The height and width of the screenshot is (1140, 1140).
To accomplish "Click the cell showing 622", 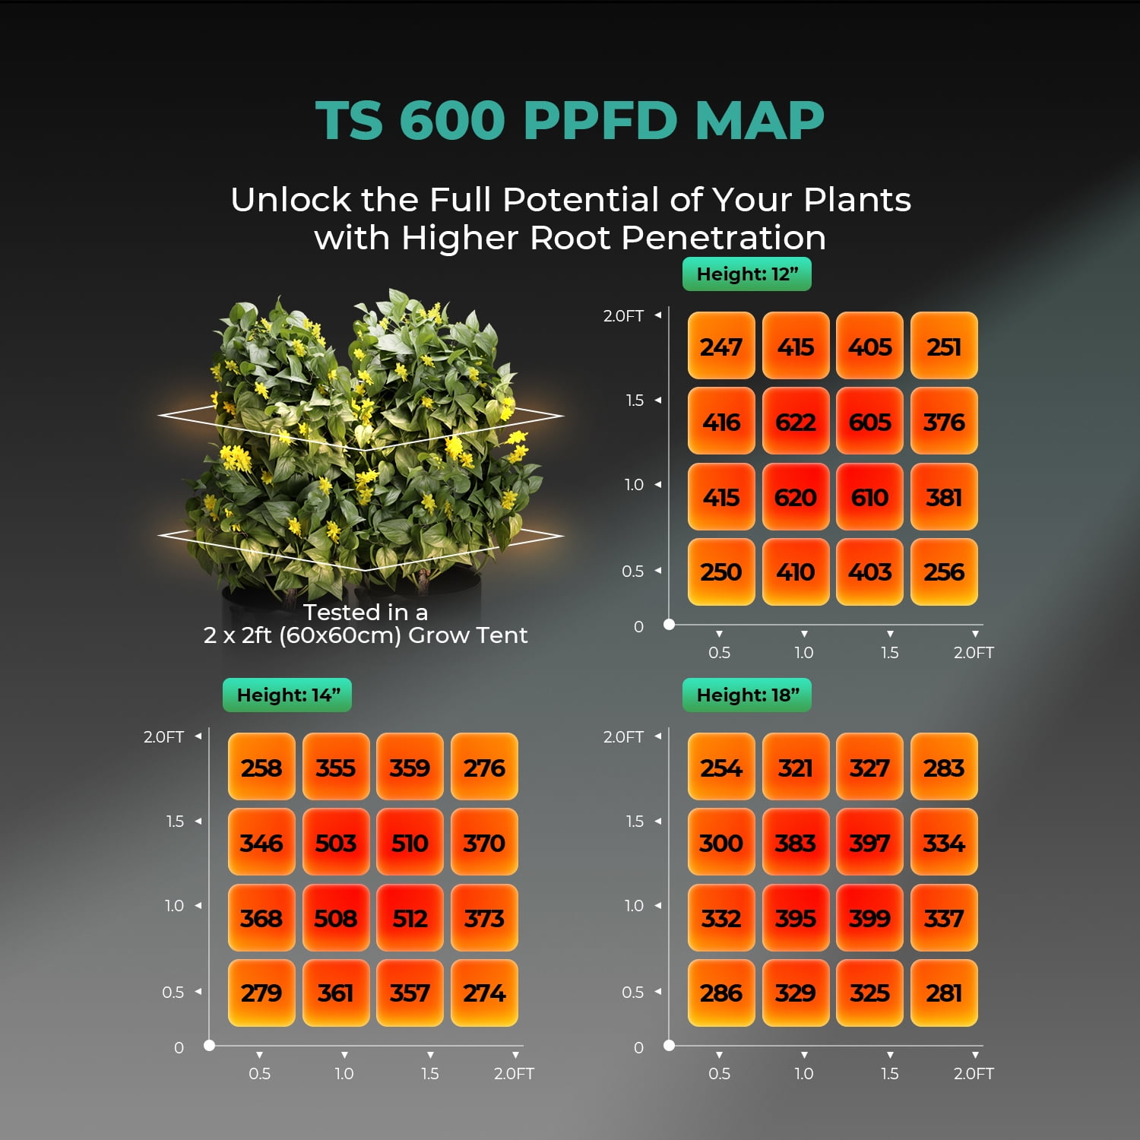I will click(x=796, y=421).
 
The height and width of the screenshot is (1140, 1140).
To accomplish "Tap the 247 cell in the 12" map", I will click(x=721, y=347).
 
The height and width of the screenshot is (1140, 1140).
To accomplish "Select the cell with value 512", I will click(x=410, y=918).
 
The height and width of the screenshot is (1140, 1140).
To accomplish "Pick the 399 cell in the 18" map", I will click(x=869, y=918).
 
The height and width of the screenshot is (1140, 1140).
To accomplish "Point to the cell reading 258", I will click(x=261, y=768).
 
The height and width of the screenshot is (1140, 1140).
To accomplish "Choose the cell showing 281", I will click(x=944, y=993).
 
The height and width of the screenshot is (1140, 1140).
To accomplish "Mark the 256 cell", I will click(x=944, y=572).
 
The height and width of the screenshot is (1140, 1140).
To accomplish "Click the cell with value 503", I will click(x=336, y=843).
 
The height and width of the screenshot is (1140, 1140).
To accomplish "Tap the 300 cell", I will click(x=721, y=843).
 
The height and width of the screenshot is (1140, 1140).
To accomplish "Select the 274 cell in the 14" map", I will click(x=484, y=993).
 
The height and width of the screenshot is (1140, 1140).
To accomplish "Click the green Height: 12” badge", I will click(x=747, y=274).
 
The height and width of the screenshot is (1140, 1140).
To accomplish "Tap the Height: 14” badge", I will click(x=287, y=695).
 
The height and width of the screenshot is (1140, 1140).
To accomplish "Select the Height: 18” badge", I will click(x=747, y=695).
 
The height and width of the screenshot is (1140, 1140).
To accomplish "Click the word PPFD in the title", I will click(x=600, y=120).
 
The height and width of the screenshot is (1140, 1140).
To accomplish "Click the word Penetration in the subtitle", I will click(x=723, y=238).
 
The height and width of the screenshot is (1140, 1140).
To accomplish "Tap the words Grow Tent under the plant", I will click(x=467, y=635).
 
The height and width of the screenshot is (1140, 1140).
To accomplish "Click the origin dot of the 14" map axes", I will click(x=209, y=1046).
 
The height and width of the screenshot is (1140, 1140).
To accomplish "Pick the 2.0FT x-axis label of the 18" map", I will click(x=974, y=1074).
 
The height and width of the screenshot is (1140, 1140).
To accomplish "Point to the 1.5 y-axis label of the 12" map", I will click(x=635, y=401).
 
